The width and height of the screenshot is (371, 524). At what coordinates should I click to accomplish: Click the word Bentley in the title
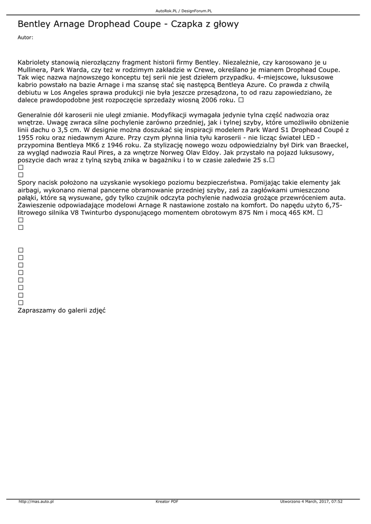point(34,24)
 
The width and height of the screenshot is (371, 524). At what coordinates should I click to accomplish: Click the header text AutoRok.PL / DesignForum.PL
point(184,10)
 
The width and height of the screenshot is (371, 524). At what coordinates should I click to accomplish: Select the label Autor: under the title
point(25,37)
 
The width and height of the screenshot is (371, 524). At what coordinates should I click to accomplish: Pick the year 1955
point(27,138)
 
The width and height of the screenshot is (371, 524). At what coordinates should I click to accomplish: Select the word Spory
point(28,182)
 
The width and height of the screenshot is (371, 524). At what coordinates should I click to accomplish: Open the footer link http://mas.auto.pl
point(36,502)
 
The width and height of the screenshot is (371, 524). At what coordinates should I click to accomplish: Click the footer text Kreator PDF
point(167,502)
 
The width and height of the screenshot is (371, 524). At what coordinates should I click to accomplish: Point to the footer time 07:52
point(337,502)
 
